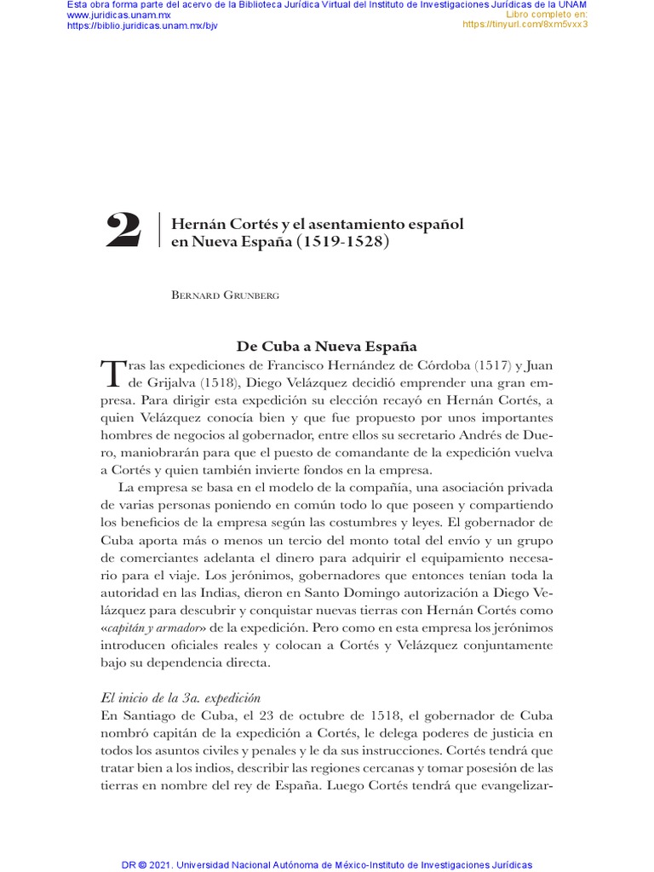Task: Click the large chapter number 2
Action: point(123,231)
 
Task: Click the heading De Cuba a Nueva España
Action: point(326,347)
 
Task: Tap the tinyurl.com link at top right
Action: point(525,25)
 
